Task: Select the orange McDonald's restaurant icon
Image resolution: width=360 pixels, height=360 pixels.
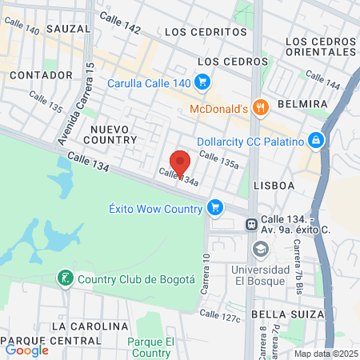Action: [x=259, y=107]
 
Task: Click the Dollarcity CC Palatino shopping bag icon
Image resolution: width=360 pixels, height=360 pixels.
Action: [x=317, y=141]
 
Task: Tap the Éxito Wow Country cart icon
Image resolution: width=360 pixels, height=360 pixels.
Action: [x=214, y=208]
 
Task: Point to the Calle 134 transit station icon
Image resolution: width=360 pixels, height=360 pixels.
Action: [x=250, y=224]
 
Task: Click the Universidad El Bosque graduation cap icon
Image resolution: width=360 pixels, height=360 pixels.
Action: [x=260, y=250]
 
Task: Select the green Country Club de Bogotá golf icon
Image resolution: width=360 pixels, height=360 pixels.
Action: [x=64, y=278]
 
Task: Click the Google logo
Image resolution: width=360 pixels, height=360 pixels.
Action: [x=27, y=350]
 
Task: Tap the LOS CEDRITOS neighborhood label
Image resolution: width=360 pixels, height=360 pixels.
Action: [x=206, y=32]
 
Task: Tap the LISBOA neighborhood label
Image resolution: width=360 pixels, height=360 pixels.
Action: [x=274, y=185]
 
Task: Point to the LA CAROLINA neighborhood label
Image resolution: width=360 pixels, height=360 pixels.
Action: [x=89, y=326]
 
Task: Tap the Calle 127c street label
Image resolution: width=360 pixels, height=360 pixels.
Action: [x=220, y=316]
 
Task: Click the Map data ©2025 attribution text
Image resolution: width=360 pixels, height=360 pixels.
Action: [x=324, y=354]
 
